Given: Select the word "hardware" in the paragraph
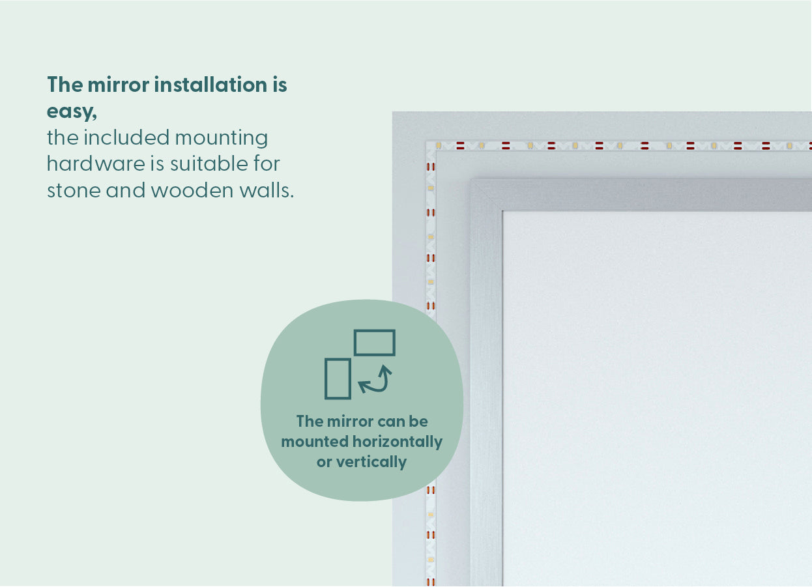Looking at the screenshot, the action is point(96,164).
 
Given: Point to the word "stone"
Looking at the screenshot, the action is point(74,191).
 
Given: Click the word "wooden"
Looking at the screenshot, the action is point(192,191).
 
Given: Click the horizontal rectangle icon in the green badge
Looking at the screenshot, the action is point(375,343).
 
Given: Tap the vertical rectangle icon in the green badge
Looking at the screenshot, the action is point(338,379).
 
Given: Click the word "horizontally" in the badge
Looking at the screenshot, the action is point(398,442).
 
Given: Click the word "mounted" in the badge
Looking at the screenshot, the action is point(315,442).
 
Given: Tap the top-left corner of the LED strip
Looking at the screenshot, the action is point(427,142).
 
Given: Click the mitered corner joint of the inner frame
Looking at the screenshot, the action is point(486,195).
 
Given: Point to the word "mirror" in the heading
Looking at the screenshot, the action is point(118,85).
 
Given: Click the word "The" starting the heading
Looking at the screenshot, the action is point(65,85).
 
